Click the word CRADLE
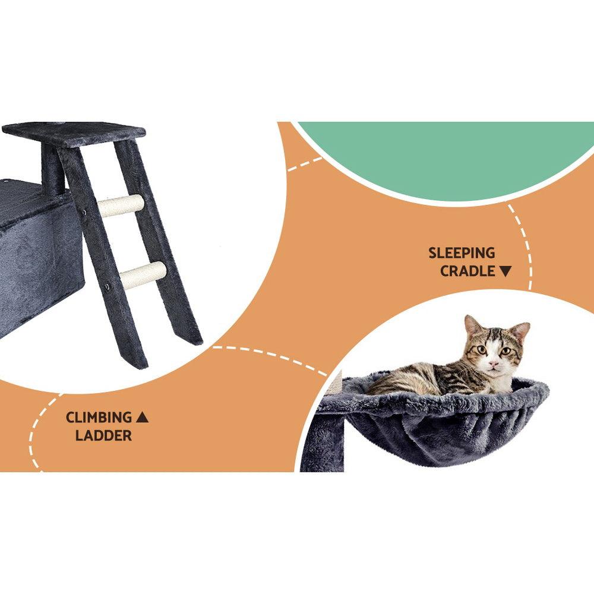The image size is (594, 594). click(x=467, y=271)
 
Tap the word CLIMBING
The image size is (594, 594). click(x=99, y=418)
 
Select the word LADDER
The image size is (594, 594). click(x=103, y=435)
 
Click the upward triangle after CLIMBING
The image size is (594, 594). click(x=142, y=418)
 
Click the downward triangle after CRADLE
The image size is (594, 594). click(x=505, y=271)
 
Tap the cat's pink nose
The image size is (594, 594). click(x=492, y=362)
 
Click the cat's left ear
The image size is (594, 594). click(x=472, y=326)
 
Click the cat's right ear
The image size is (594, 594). click(x=519, y=331)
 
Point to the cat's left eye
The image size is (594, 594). click(x=481, y=350)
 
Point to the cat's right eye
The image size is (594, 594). click(x=505, y=351)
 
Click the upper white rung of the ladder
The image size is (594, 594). click(x=121, y=205)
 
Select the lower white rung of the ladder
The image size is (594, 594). click(x=143, y=275)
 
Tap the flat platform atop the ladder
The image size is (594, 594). click(x=74, y=132)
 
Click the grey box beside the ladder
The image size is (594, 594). click(x=36, y=255)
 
